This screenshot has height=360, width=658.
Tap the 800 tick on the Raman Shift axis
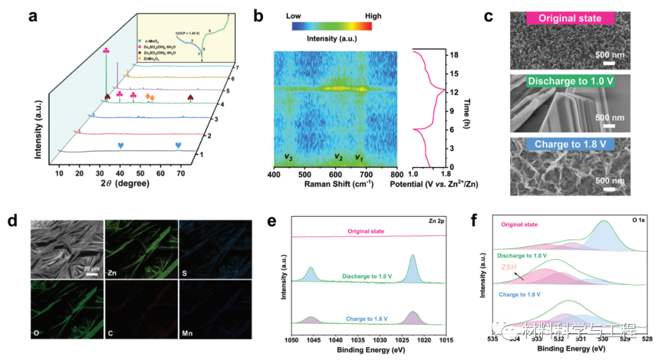(397, 173)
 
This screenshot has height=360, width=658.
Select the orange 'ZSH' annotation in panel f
(510, 267)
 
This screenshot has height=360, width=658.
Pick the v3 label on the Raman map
(290, 157)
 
